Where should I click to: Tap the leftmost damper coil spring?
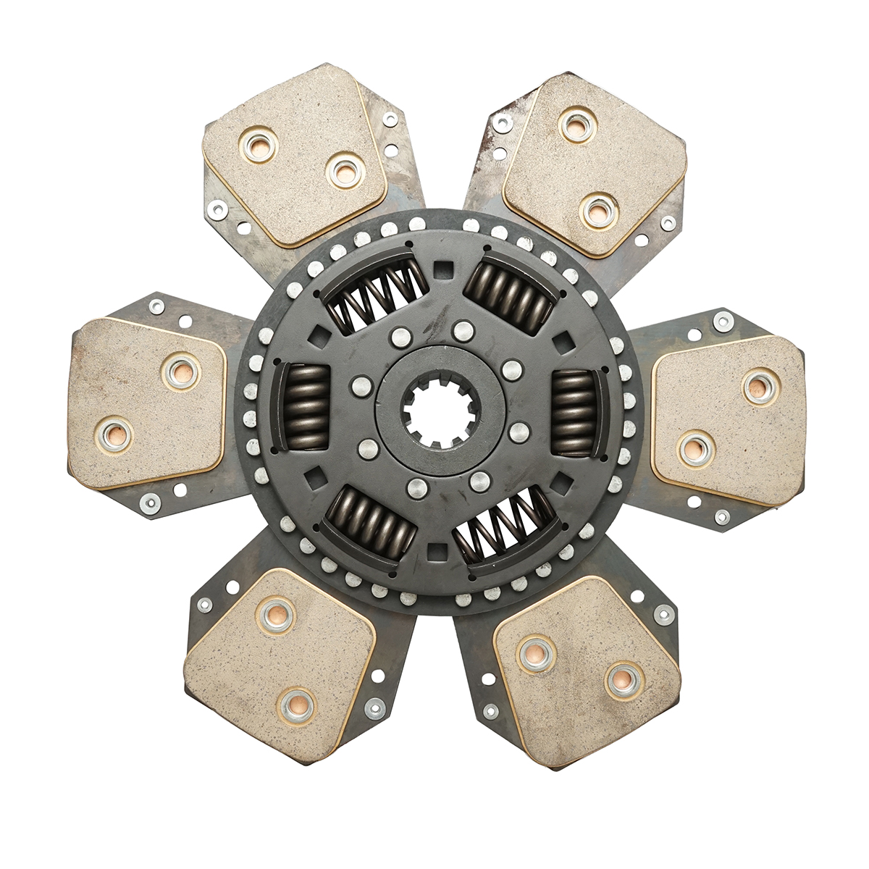[301, 406]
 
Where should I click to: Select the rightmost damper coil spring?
[576, 411]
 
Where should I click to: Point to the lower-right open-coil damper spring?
[504, 526]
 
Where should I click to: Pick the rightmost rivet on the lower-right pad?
[624, 679]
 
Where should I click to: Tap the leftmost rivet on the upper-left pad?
[259, 139]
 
